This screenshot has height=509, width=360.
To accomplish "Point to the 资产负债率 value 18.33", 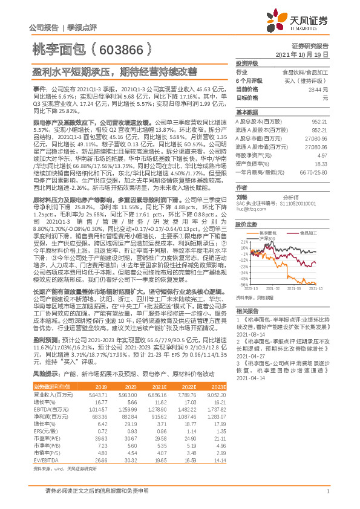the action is (x=322, y=163).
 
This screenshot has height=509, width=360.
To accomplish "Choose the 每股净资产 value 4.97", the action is (x=325, y=155).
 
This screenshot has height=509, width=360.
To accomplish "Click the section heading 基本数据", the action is (x=246, y=112).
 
